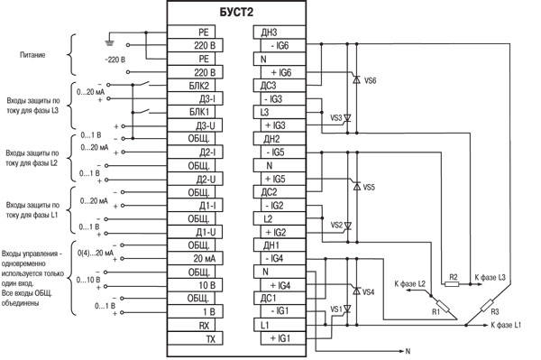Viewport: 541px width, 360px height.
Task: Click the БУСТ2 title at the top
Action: (236, 12)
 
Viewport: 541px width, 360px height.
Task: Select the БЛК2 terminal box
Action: (191, 85)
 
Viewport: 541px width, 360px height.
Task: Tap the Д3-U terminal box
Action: (195, 125)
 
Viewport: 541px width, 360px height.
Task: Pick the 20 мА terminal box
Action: (195, 259)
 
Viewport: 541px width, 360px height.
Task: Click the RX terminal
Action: (191, 325)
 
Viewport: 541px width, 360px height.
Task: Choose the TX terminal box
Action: (195, 338)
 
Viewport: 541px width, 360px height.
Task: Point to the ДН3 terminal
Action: (280, 32)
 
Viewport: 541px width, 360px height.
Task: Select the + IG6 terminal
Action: (283, 72)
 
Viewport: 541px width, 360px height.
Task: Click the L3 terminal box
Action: (280, 112)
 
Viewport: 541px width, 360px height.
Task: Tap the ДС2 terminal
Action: (280, 192)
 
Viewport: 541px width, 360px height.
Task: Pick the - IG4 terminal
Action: (283, 259)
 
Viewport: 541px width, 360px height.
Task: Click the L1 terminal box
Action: (280, 325)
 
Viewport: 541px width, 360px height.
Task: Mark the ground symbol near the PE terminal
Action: (109, 43)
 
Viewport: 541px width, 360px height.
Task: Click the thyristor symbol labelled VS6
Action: (356, 79)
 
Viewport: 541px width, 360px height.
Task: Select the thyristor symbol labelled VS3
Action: (347, 119)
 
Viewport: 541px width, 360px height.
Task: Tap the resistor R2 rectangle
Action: (452, 284)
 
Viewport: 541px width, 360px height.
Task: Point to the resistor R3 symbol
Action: (487, 306)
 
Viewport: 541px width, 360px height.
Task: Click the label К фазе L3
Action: (490, 277)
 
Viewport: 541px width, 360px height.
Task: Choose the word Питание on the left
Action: (32, 55)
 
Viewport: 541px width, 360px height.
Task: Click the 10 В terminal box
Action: (195, 285)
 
